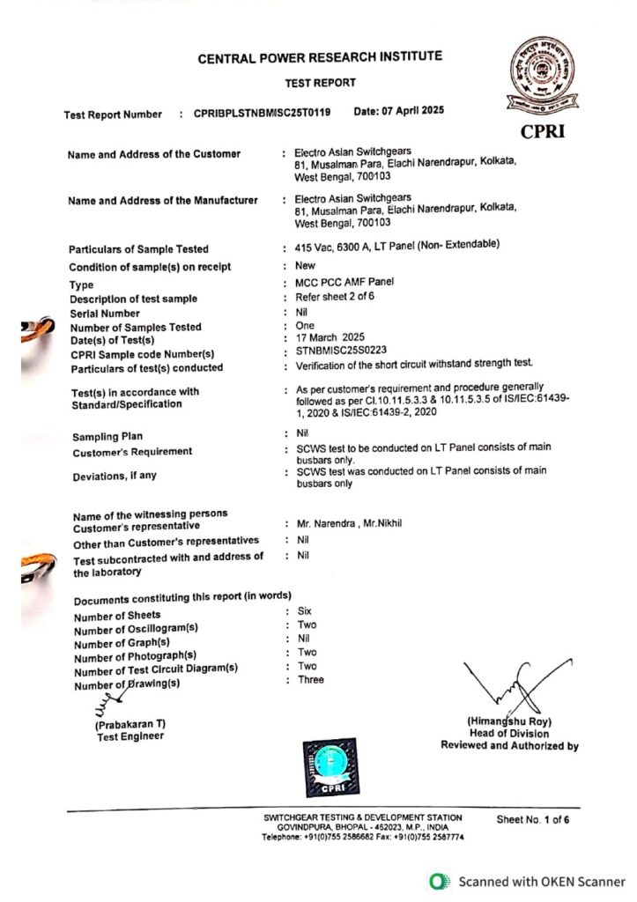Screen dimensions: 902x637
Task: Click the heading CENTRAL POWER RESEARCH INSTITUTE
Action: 320,58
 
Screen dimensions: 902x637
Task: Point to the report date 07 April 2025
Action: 398,111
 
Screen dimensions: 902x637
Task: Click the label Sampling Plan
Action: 108,437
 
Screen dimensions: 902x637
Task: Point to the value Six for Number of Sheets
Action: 306,610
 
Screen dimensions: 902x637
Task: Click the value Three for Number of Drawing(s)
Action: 310,679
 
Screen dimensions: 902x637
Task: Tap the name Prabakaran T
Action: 130,724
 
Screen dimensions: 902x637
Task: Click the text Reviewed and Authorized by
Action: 509,746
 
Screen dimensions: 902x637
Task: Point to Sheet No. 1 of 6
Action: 533,819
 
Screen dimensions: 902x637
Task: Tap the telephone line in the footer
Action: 362,837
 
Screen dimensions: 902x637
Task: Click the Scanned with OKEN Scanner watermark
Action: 528,882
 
